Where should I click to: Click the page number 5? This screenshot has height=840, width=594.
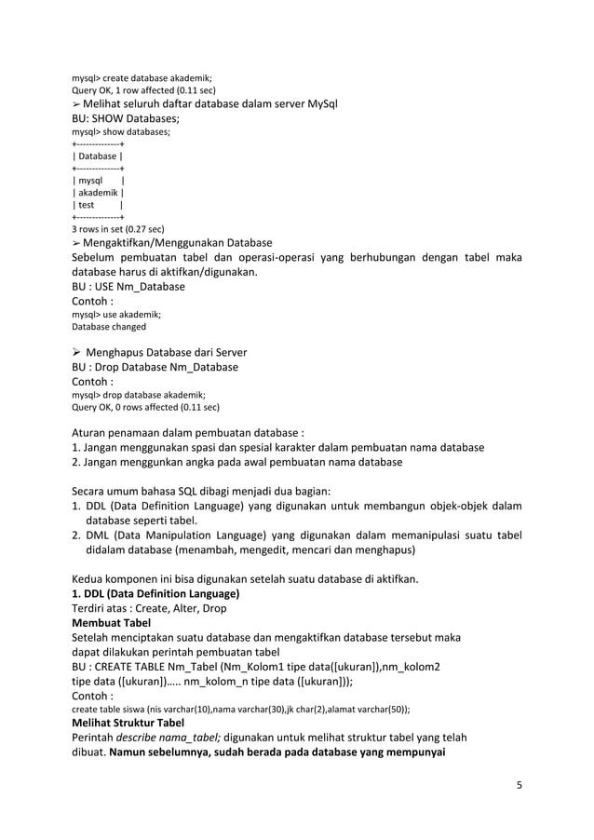coord(520,784)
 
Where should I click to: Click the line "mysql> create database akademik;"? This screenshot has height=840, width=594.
coord(142,77)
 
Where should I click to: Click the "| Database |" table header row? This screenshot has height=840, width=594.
coord(99,156)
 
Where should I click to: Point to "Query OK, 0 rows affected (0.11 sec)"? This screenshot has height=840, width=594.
coord(146,407)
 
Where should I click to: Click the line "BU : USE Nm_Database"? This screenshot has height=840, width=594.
coord(128,287)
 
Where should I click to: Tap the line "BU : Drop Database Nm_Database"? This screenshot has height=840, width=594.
coord(155,367)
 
